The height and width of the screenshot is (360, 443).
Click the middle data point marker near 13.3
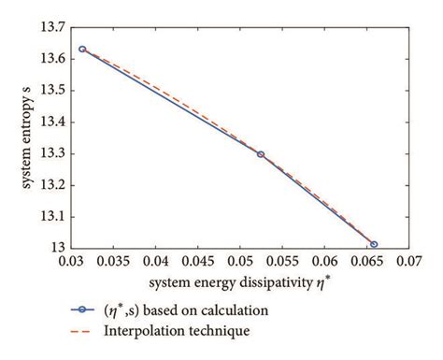point(261,154)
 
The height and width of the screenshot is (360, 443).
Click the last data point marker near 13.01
point(374,245)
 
